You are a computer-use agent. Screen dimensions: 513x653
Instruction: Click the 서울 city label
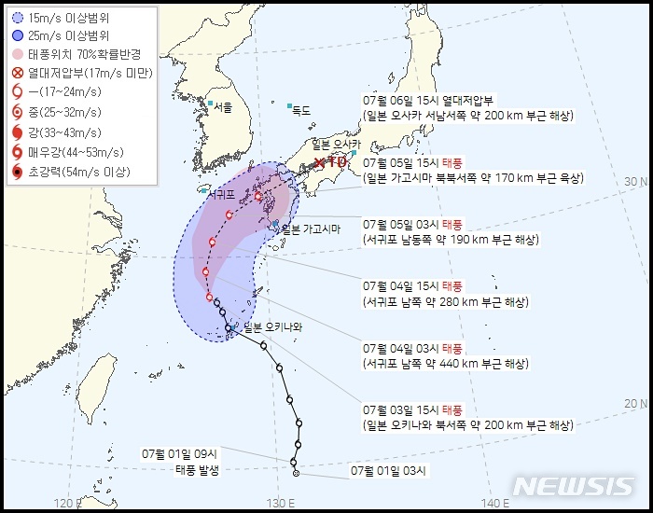221,107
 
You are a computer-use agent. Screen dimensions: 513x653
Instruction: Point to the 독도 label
299,110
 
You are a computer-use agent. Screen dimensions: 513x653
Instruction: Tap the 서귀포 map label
221,195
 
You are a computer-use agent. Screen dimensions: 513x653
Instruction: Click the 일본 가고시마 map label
310,229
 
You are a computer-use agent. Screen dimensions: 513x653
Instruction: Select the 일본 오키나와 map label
272,326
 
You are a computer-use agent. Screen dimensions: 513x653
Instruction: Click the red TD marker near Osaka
331,162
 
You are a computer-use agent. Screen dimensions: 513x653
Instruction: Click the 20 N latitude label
635,403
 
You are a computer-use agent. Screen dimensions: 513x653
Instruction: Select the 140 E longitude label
495,504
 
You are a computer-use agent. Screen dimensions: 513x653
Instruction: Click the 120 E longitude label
67,504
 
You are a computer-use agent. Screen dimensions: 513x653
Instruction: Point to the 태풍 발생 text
197,469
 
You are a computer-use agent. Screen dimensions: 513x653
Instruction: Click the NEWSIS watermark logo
573,487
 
